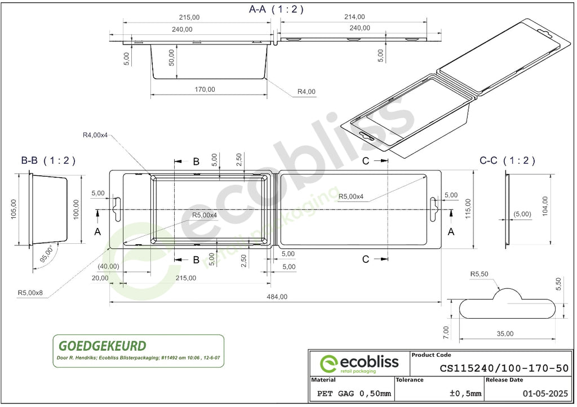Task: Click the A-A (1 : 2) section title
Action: pyautogui.click(x=276, y=9)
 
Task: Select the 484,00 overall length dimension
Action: pyautogui.click(x=277, y=297)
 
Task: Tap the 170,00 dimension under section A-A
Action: pyautogui.click(x=205, y=90)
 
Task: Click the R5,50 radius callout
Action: pyautogui.click(x=479, y=274)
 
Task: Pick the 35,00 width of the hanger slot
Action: pyautogui.click(x=505, y=333)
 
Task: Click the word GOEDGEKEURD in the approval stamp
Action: pyautogui.click(x=103, y=346)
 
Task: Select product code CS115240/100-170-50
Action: pyautogui.click(x=504, y=368)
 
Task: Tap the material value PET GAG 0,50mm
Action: pyautogui.click(x=354, y=393)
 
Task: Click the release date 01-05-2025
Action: pyautogui.click(x=545, y=393)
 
